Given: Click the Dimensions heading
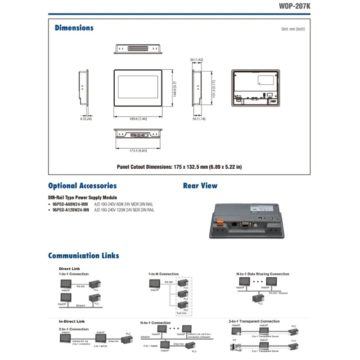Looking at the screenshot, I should pyautogui.click(x=74, y=28).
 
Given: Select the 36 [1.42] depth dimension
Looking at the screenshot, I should pyautogui.click(x=197, y=60).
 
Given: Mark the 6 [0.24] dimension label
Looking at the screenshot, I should pyautogui.click(x=86, y=119).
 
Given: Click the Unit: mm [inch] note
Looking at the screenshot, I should pyautogui.click(x=293, y=29).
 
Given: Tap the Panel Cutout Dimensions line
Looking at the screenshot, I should pyautogui.click(x=179, y=167).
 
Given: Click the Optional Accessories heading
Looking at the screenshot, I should pyautogui.click(x=82, y=186).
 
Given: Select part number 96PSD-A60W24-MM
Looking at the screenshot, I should pyautogui.click(x=70, y=204).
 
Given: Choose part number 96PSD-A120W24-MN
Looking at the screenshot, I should pyautogui.click(x=71, y=210).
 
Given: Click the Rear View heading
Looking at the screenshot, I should pyautogui.click(x=200, y=186).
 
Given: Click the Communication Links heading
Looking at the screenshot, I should pyautogui.click(x=84, y=256).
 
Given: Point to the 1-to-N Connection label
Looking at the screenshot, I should pyautogui.click(x=163, y=274).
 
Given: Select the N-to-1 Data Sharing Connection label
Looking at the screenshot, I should pyautogui.click(x=263, y=274).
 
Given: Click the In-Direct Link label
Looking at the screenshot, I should pyautogui.click(x=72, y=322).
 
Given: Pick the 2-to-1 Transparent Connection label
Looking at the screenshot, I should pyautogui.click(x=254, y=322).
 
